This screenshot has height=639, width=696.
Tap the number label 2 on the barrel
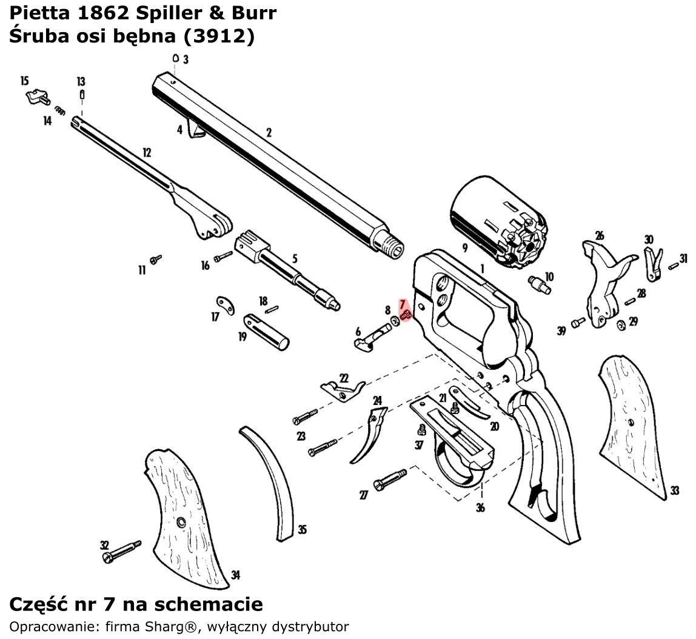(x=269, y=132)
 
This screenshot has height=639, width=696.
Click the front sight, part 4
(x=196, y=129)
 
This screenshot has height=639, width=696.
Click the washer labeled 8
(x=395, y=319)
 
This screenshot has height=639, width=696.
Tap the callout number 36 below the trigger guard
(x=480, y=507)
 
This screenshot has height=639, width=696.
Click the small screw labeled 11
(x=156, y=259)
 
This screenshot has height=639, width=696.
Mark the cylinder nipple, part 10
(x=538, y=284)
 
